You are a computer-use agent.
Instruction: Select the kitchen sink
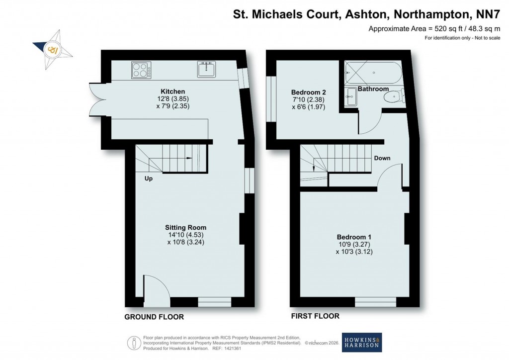pos(206,69)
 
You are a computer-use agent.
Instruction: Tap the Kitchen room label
pos(172,91)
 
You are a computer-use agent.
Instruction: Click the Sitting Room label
pos(186,227)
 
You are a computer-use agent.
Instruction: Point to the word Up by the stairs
pos(149,179)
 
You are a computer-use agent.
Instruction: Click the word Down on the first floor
pos(382,158)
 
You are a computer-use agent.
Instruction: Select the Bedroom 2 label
pos(308,92)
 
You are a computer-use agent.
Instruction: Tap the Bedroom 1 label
pos(354,237)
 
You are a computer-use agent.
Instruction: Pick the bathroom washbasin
pos(351,97)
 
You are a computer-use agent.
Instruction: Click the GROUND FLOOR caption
pos(154,317)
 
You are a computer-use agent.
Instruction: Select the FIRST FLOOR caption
pos(315,316)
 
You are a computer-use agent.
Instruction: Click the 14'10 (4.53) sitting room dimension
pos(186,235)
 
